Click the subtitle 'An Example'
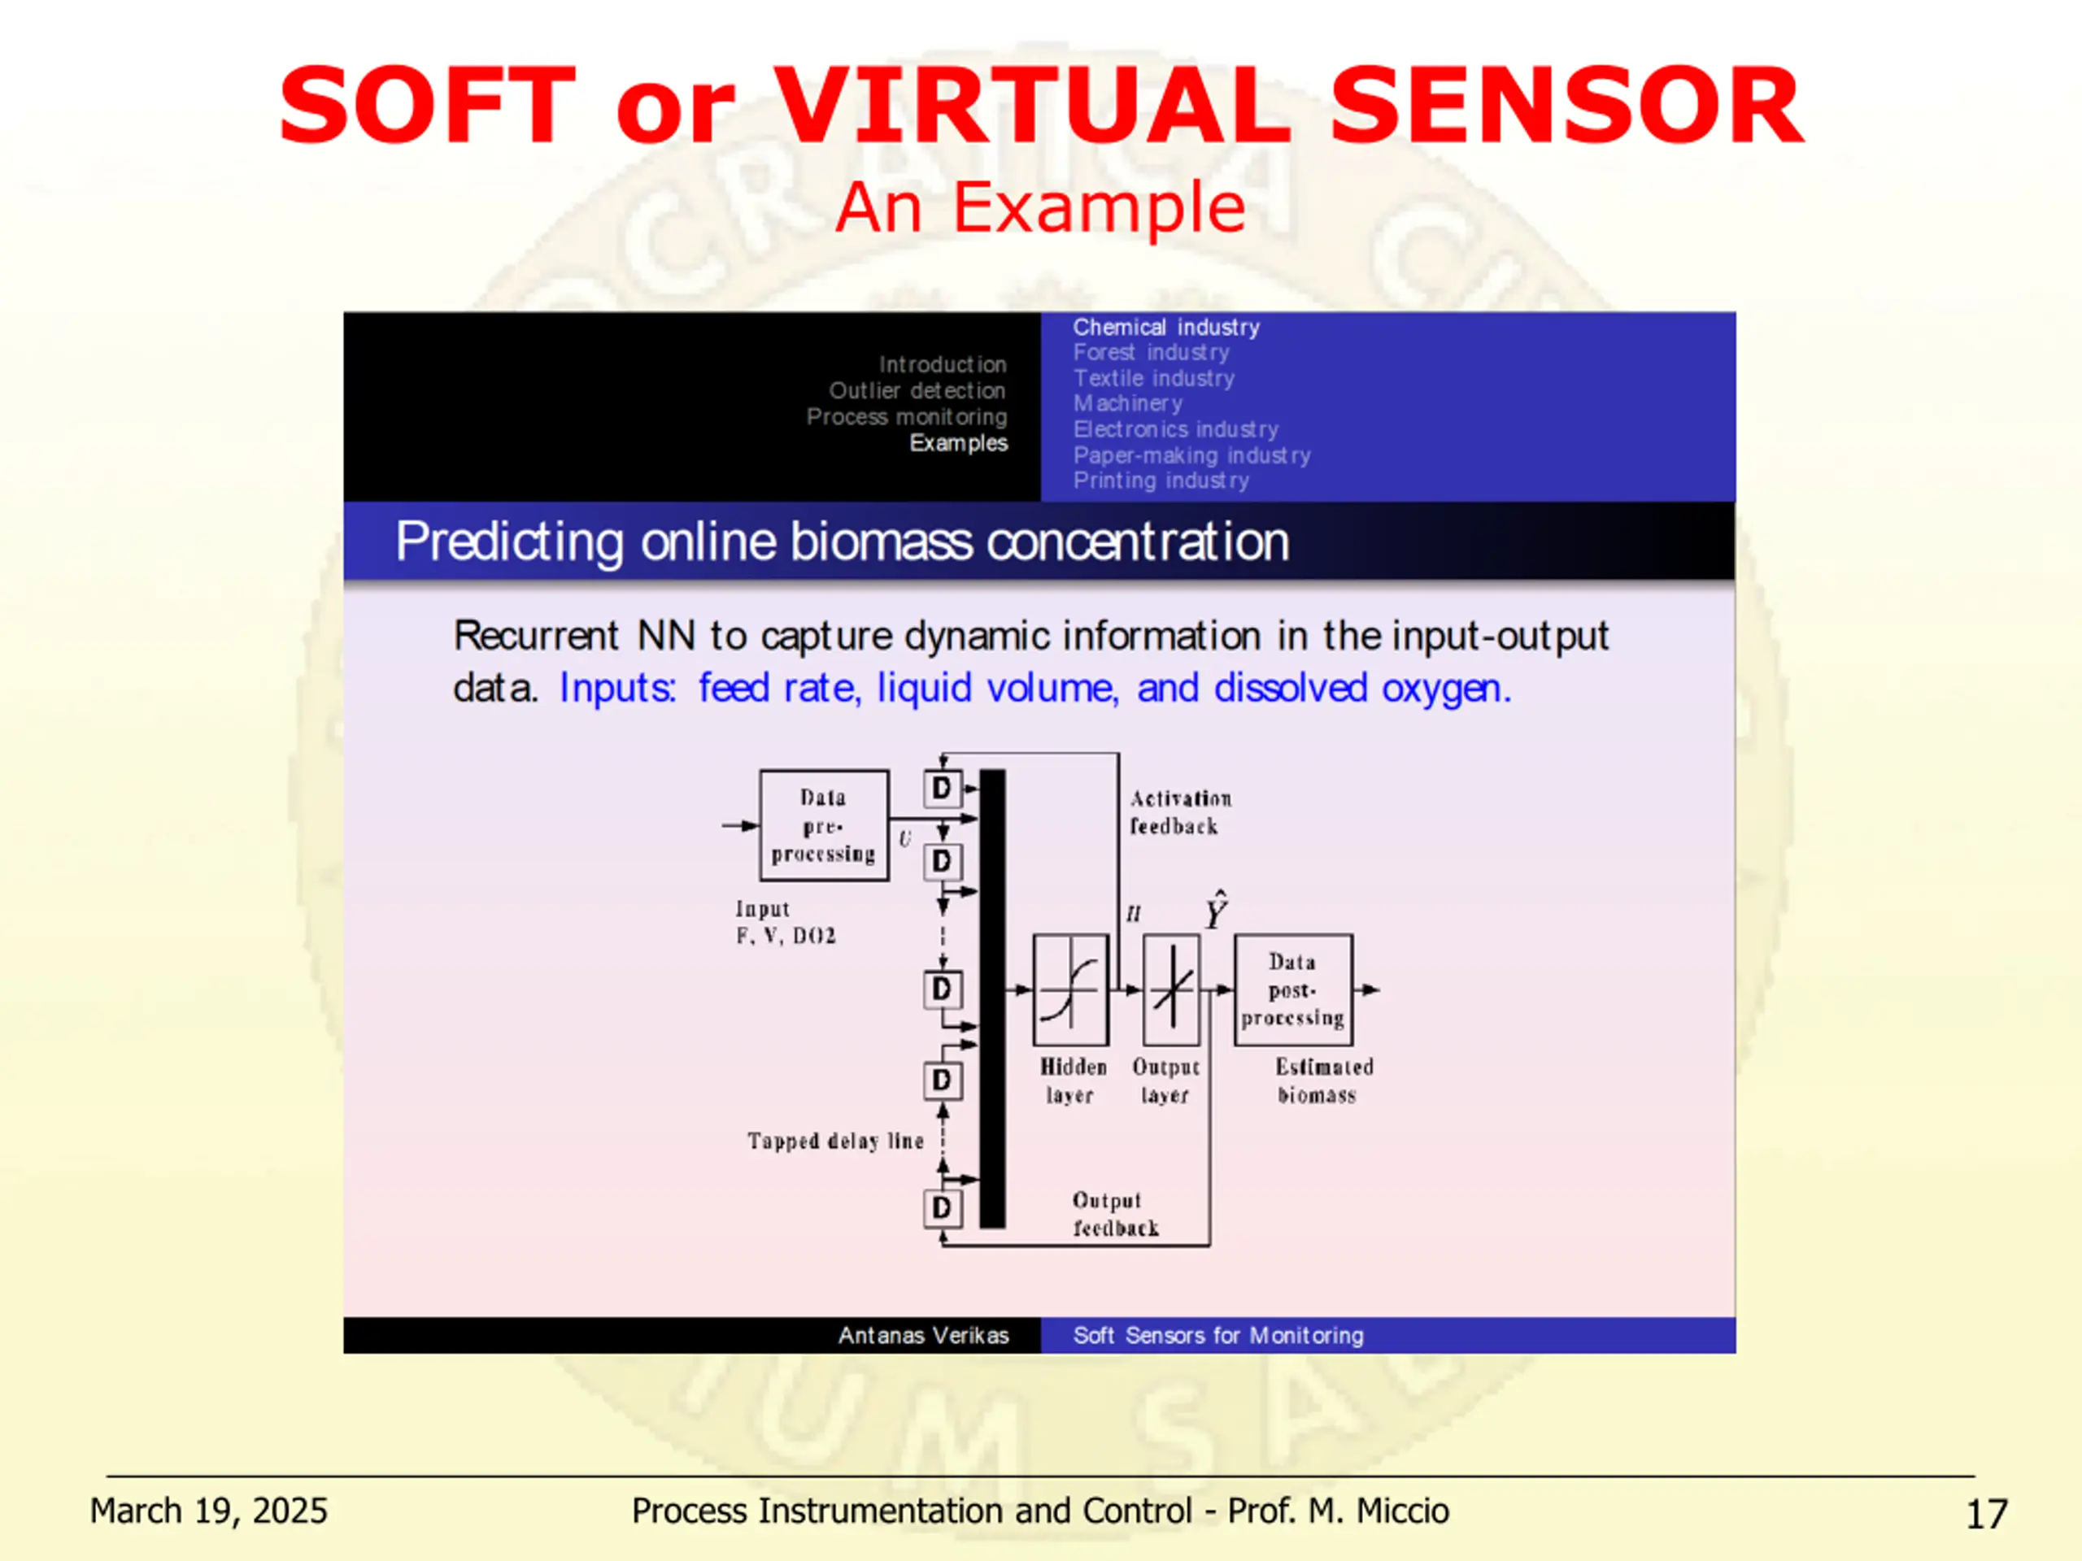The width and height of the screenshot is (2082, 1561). (1040, 207)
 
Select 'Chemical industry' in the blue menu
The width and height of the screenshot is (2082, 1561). (1165, 328)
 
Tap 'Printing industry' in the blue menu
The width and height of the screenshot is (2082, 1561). (1161, 480)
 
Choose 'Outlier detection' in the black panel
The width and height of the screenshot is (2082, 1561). (917, 390)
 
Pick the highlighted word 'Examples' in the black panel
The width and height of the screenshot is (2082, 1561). (958, 443)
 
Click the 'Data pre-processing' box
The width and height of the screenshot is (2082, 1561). (824, 826)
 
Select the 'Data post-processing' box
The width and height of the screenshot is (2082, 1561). (1293, 990)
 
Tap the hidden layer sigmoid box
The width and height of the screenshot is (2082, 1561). (1070, 990)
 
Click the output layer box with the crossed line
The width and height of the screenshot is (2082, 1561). (1172, 990)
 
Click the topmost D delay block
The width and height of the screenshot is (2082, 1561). (942, 789)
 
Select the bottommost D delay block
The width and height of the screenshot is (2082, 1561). (942, 1208)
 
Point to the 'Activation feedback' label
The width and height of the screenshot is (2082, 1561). (1179, 812)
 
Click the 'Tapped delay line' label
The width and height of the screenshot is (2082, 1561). (835, 1141)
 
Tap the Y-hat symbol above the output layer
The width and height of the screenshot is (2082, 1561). (1216, 911)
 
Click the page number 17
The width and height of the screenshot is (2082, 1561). (1987, 1514)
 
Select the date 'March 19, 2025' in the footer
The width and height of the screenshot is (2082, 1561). (208, 1511)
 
